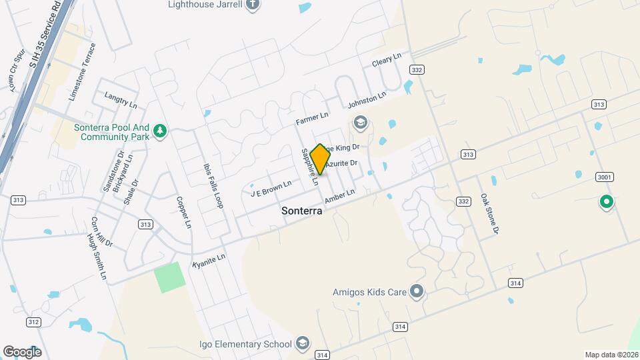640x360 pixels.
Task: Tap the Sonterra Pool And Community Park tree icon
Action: pos(159,131)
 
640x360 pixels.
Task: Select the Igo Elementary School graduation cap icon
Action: pos(302,343)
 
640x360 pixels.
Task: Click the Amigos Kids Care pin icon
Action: pos(417,291)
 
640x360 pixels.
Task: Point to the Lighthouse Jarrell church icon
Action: pos(252,5)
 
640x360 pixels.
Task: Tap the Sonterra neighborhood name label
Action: pos(302,211)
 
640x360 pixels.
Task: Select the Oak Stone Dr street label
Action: pos(489,214)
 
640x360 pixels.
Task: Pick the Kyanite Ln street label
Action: pos(209,260)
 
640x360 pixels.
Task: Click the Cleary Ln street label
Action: pos(386,60)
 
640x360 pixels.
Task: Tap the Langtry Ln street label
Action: pos(121,101)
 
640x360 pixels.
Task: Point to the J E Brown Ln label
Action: pos(271,189)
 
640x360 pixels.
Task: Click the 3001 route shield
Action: pos(605,177)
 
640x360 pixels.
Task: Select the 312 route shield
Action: pos(33,322)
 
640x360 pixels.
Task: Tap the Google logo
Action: pos(22,351)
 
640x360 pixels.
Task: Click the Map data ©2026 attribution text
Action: pos(611,355)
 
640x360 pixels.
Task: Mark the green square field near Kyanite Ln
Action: pos(169,277)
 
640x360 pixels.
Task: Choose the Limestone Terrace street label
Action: pos(82,72)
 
